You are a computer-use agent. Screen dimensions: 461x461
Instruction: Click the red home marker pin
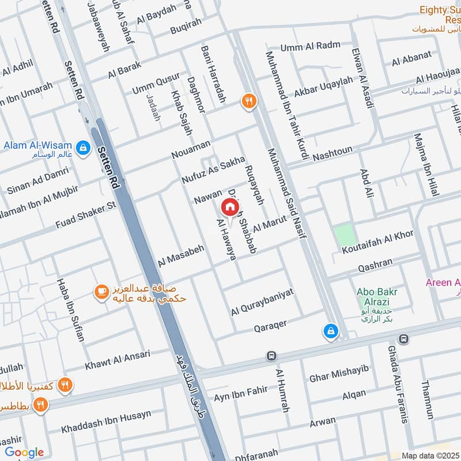point(229,207)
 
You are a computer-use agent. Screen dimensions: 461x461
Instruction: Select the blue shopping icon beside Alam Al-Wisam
point(83,146)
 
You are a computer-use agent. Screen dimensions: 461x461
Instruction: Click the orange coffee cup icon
point(101,293)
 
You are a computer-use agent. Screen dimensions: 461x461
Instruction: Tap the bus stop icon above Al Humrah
point(271,356)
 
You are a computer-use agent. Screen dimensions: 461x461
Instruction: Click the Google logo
point(24,452)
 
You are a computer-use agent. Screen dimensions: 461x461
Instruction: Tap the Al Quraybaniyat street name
point(262,302)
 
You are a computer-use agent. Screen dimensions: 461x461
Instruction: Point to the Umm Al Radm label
point(311,47)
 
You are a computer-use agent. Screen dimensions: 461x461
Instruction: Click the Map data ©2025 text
point(429,455)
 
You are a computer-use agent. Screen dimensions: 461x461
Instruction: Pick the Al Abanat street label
point(411,59)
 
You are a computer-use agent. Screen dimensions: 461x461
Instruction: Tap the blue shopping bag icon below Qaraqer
point(331,331)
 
